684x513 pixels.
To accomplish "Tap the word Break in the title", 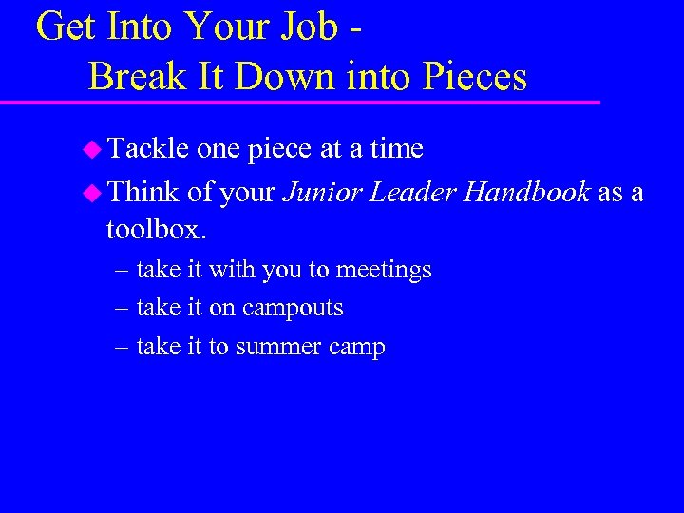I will click(x=133, y=76).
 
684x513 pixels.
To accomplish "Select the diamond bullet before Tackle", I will click(x=92, y=149).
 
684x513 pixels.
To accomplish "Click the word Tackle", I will click(x=149, y=148).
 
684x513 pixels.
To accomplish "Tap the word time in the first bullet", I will click(x=396, y=148).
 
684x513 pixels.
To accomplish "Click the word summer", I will click(x=277, y=348).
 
